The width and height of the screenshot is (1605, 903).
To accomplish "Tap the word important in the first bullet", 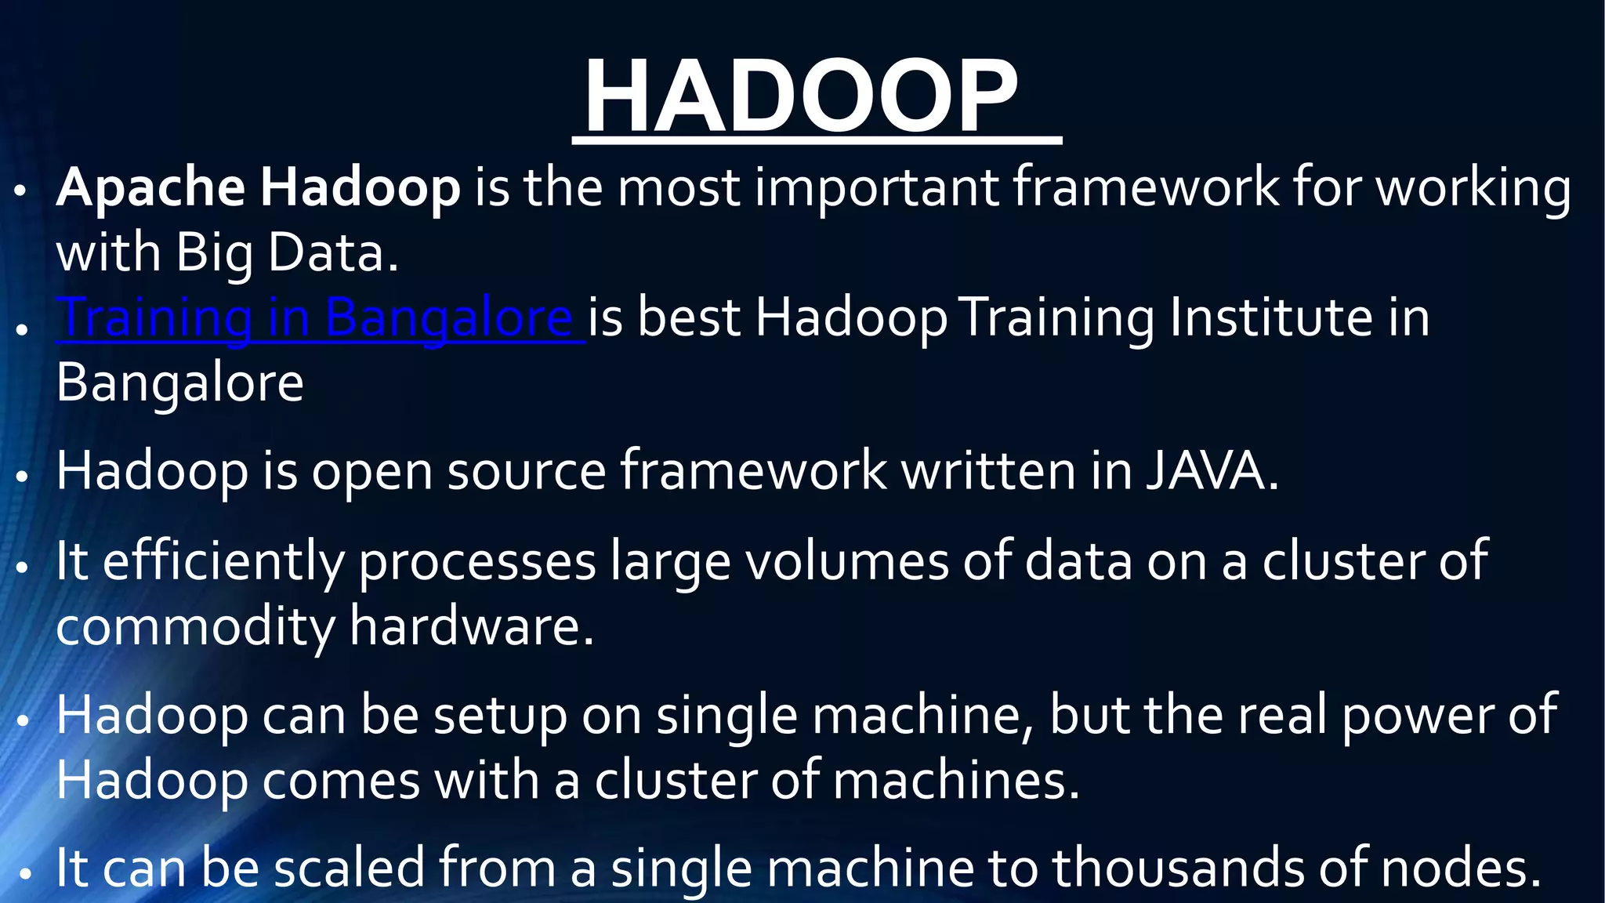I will coord(875,188).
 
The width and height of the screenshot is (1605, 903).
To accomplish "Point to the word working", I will coord(1473,188).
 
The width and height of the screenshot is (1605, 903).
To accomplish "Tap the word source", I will coord(526,471).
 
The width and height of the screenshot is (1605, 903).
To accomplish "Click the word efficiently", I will coord(223,561).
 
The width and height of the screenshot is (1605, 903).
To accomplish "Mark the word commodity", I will coord(195,627).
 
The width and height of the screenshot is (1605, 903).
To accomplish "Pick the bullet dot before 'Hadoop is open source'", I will coord(23,476).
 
